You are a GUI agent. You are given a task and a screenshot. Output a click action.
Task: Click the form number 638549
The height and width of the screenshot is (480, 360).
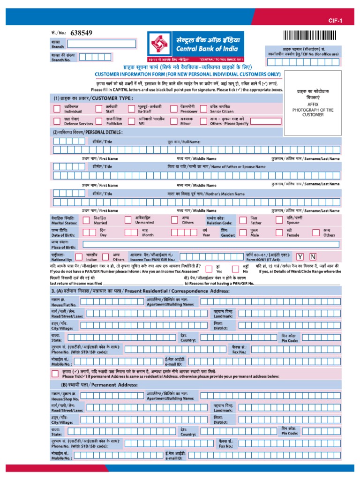81,33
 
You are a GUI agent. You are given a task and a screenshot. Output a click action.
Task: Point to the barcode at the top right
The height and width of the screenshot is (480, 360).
310,36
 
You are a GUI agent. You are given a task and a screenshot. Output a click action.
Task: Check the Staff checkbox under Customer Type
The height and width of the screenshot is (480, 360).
99,109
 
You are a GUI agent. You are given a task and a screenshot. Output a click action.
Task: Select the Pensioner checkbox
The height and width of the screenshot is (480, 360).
173,109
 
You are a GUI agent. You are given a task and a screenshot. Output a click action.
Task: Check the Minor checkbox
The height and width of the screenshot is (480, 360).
173,121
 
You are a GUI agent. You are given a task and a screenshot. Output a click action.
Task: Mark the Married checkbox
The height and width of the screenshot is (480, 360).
86,220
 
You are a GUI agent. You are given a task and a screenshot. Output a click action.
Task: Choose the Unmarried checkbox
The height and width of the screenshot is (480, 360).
128,220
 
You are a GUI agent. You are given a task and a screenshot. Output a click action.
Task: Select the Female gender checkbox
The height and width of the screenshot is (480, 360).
278,232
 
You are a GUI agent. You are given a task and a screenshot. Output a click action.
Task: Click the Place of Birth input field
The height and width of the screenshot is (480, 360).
210,244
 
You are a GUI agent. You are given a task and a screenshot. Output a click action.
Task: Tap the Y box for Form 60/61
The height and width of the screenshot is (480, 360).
300,256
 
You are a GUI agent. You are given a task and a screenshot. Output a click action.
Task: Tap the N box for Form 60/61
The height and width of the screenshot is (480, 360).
313,256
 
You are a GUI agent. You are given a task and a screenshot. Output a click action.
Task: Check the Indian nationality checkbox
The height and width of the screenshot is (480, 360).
79,256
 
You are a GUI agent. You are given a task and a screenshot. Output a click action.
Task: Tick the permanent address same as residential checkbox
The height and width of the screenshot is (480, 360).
56,373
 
